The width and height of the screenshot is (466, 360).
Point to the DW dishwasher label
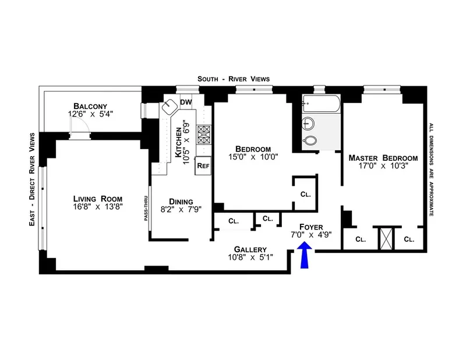pyautogui.click(x=186, y=103)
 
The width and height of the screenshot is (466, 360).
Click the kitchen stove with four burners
pyautogui.click(x=204, y=135)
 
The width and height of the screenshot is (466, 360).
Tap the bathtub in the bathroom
pyautogui.click(x=320, y=103)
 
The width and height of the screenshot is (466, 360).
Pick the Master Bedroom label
pyautogui.click(x=383, y=158)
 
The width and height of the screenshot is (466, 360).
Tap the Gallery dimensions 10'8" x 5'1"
pyautogui.click(x=250, y=257)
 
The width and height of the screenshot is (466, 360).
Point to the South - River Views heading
pyautogui.click(x=233, y=79)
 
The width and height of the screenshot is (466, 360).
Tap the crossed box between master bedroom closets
pyautogui.click(x=384, y=237)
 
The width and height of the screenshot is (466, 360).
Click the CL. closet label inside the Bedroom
pyautogui.click(x=305, y=194)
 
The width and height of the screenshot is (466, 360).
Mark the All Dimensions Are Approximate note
pyautogui.click(x=431, y=169)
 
